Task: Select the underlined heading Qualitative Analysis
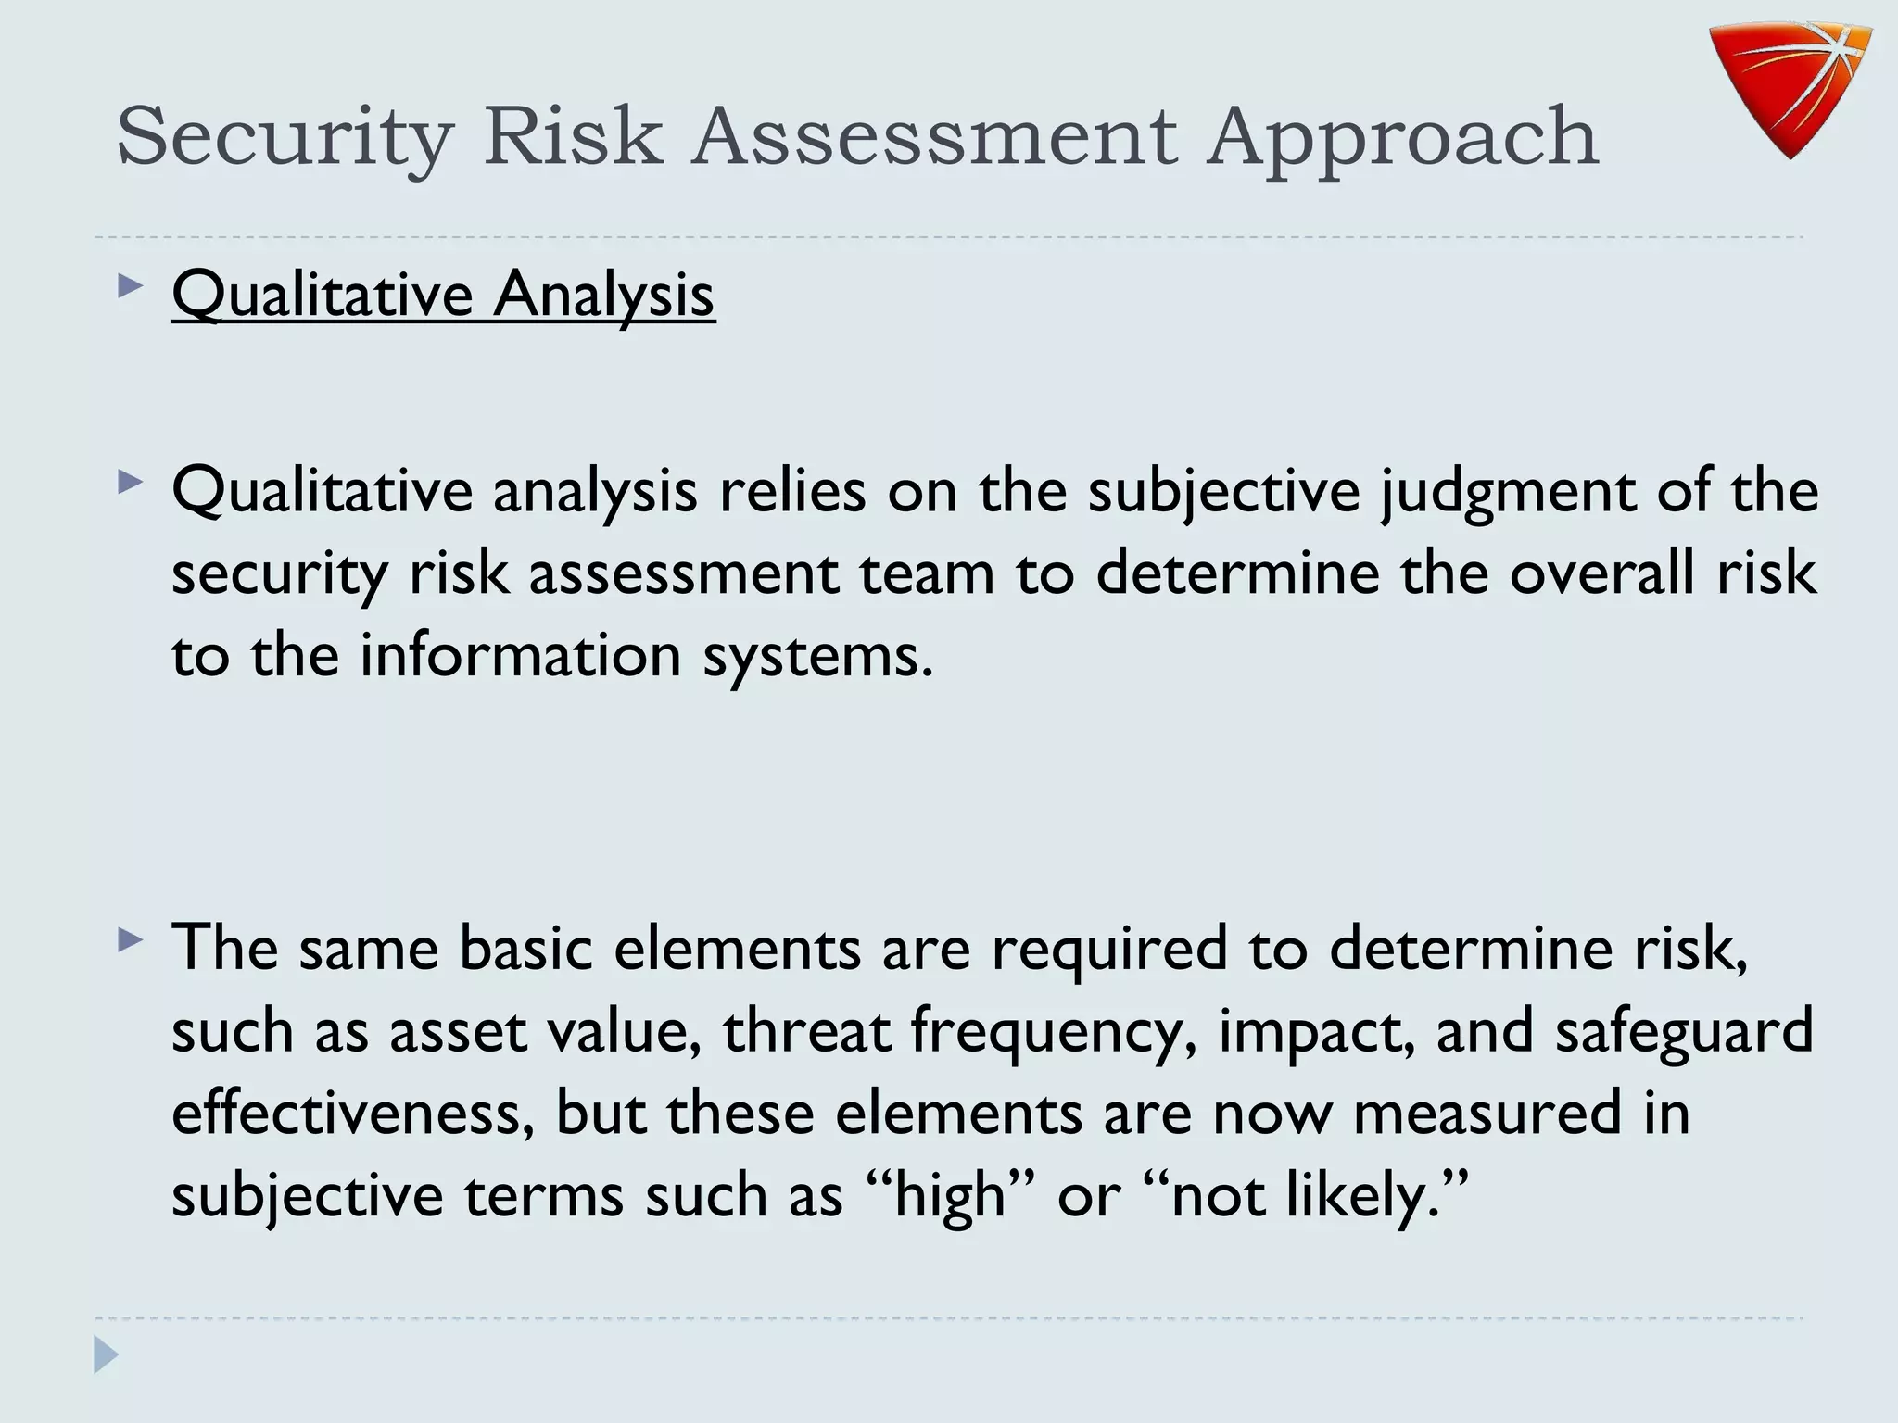[x=443, y=294]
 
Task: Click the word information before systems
[x=520, y=655]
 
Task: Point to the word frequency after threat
[x=1053, y=1032]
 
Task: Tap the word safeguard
[x=1683, y=1032]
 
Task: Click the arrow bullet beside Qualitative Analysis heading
[x=131, y=286]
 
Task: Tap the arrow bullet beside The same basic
[x=131, y=942]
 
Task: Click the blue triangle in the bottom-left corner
[x=106, y=1355]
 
